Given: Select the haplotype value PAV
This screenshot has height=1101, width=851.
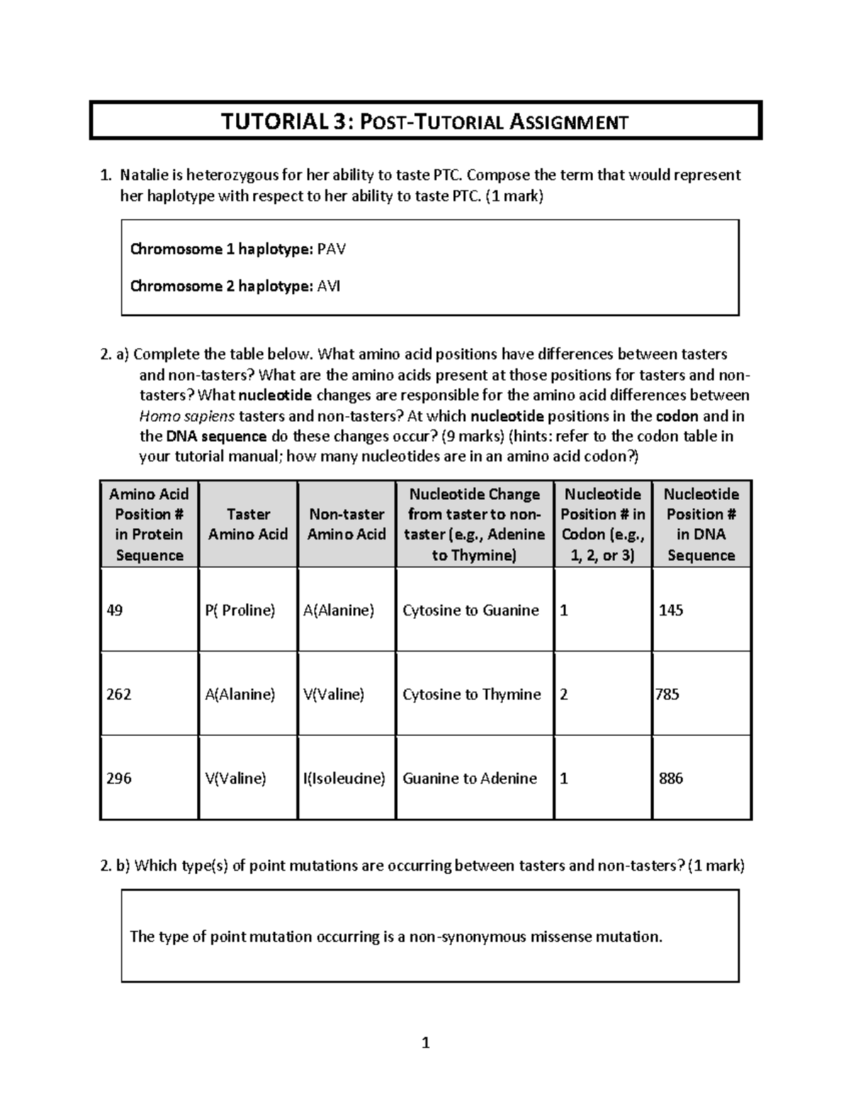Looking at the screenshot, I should click(331, 250).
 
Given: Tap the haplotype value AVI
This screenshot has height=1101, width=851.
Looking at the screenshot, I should click(328, 286).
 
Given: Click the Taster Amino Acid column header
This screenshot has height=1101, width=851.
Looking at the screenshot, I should click(248, 524).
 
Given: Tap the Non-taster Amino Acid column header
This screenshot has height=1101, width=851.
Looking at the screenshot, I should click(346, 524).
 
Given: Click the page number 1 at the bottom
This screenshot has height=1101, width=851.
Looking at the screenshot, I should click(425, 1043).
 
